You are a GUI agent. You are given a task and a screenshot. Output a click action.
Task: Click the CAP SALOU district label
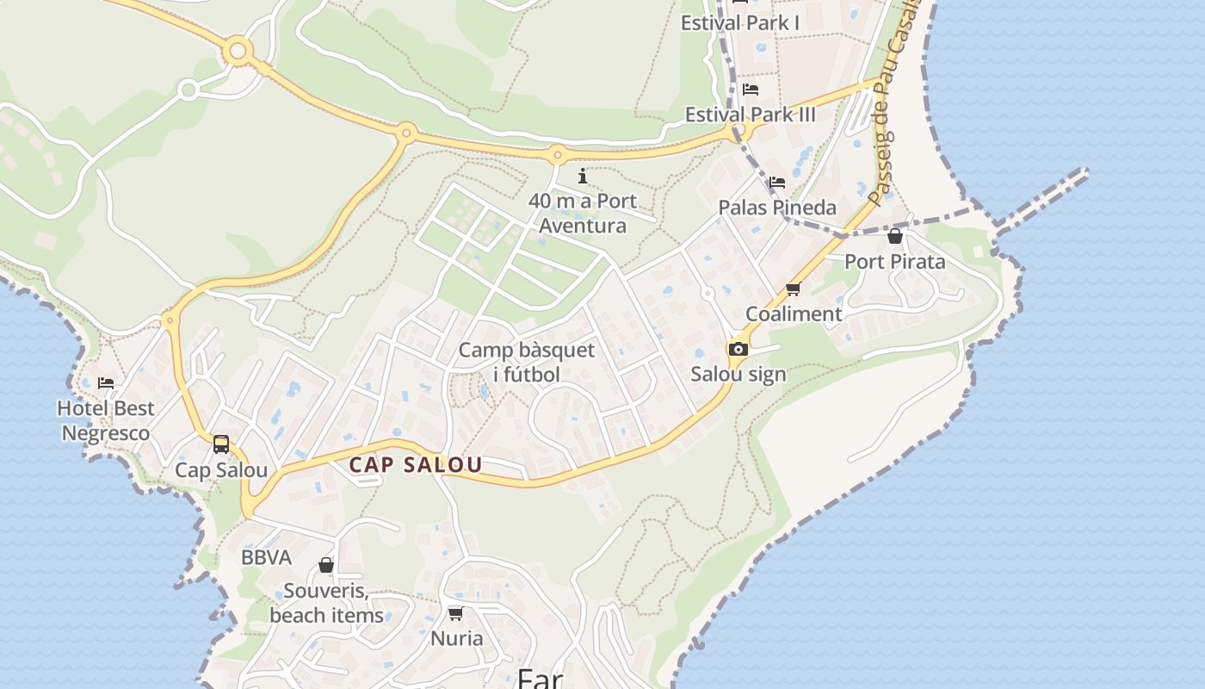coord(415,465)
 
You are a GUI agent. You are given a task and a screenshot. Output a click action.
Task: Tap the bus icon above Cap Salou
coord(221,444)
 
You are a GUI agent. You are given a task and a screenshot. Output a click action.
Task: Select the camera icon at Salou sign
coord(738,349)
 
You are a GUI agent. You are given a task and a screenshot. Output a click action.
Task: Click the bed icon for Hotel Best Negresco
coord(106,382)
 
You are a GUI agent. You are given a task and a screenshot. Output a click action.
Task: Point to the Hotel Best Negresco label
coord(106,420)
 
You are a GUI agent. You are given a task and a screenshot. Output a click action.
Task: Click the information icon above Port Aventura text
coord(583,177)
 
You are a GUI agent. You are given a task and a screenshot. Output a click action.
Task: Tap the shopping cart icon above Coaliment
coord(793,289)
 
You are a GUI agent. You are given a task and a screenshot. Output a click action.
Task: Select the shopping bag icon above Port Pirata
coord(895,236)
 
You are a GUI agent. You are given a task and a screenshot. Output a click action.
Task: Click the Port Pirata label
coord(895,262)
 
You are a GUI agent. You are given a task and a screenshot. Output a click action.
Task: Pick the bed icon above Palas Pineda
coord(777,183)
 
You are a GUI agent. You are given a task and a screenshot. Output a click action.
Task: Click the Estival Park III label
coord(750,115)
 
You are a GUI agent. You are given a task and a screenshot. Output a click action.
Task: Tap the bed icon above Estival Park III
coord(751,90)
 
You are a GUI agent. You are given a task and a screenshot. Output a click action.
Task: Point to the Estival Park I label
coord(740,23)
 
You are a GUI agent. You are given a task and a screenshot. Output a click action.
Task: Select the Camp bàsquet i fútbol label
coord(526,362)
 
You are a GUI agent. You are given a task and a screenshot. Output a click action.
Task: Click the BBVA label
coord(266,557)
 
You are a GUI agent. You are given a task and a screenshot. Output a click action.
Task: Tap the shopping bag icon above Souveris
coord(326,565)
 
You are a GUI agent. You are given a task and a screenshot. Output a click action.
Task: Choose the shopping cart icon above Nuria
coord(455,613)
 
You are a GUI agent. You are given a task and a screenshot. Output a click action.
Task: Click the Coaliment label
coord(793,314)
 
